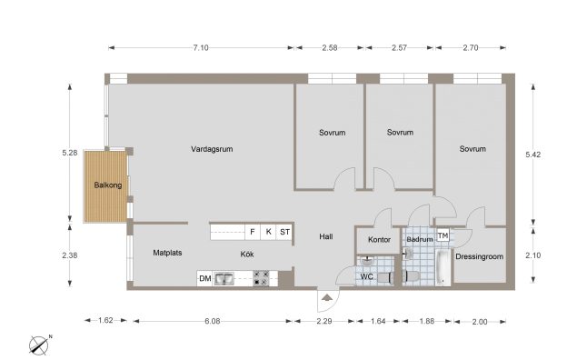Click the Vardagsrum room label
[212, 149]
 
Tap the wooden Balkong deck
[106, 186]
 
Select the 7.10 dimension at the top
[201, 47]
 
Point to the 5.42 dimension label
[532, 155]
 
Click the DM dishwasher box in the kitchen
[204, 278]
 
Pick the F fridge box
[253, 232]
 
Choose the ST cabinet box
[284, 232]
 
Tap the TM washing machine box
[443, 235]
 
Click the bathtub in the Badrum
[443, 267]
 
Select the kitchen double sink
[224, 279]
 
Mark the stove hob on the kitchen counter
[261, 278]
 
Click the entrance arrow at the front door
[327, 297]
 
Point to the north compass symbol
[39, 345]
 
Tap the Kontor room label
[379, 239]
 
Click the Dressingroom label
[479, 256]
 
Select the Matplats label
[167, 253]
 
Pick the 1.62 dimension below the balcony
[105, 320]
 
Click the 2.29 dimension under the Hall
[324, 321]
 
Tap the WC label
[366, 277]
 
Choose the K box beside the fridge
[268, 232]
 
